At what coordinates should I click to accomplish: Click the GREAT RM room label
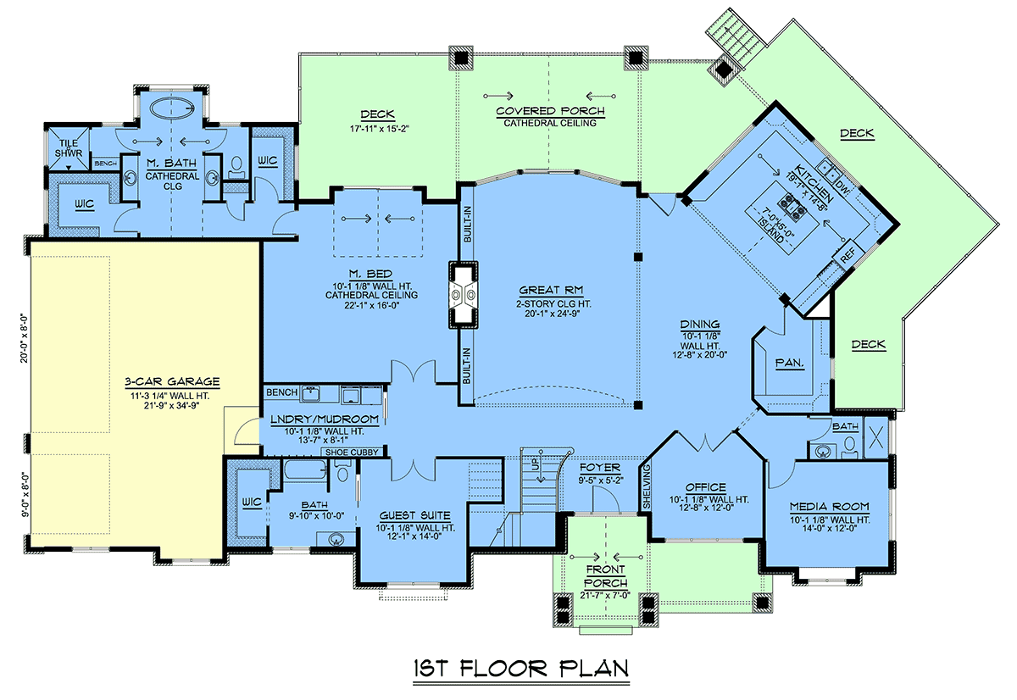[551, 290]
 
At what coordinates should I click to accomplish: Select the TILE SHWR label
[69, 148]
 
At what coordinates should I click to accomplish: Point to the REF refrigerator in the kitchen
[847, 256]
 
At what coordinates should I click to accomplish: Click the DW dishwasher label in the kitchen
[842, 188]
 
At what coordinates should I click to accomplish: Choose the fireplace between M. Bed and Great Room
[463, 295]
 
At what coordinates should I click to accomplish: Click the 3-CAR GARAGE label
[172, 381]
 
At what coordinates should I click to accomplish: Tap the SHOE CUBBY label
[352, 453]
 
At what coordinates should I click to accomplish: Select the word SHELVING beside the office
[647, 486]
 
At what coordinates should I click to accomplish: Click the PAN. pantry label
[790, 364]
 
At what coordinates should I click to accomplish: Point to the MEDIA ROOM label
[830, 507]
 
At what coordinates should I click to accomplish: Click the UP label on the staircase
[536, 464]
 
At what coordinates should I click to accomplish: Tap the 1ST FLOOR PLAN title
[521, 669]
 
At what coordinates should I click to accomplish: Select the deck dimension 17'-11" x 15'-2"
[379, 129]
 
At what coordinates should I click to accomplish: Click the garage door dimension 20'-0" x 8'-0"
[24, 338]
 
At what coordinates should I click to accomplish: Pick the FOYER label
[600, 468]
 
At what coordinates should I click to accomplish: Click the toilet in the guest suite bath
[342, 470]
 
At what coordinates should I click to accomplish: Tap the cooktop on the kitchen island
[792, 205]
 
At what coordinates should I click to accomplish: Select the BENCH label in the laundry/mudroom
[282, 392]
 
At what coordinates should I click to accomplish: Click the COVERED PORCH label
[550, 111]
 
